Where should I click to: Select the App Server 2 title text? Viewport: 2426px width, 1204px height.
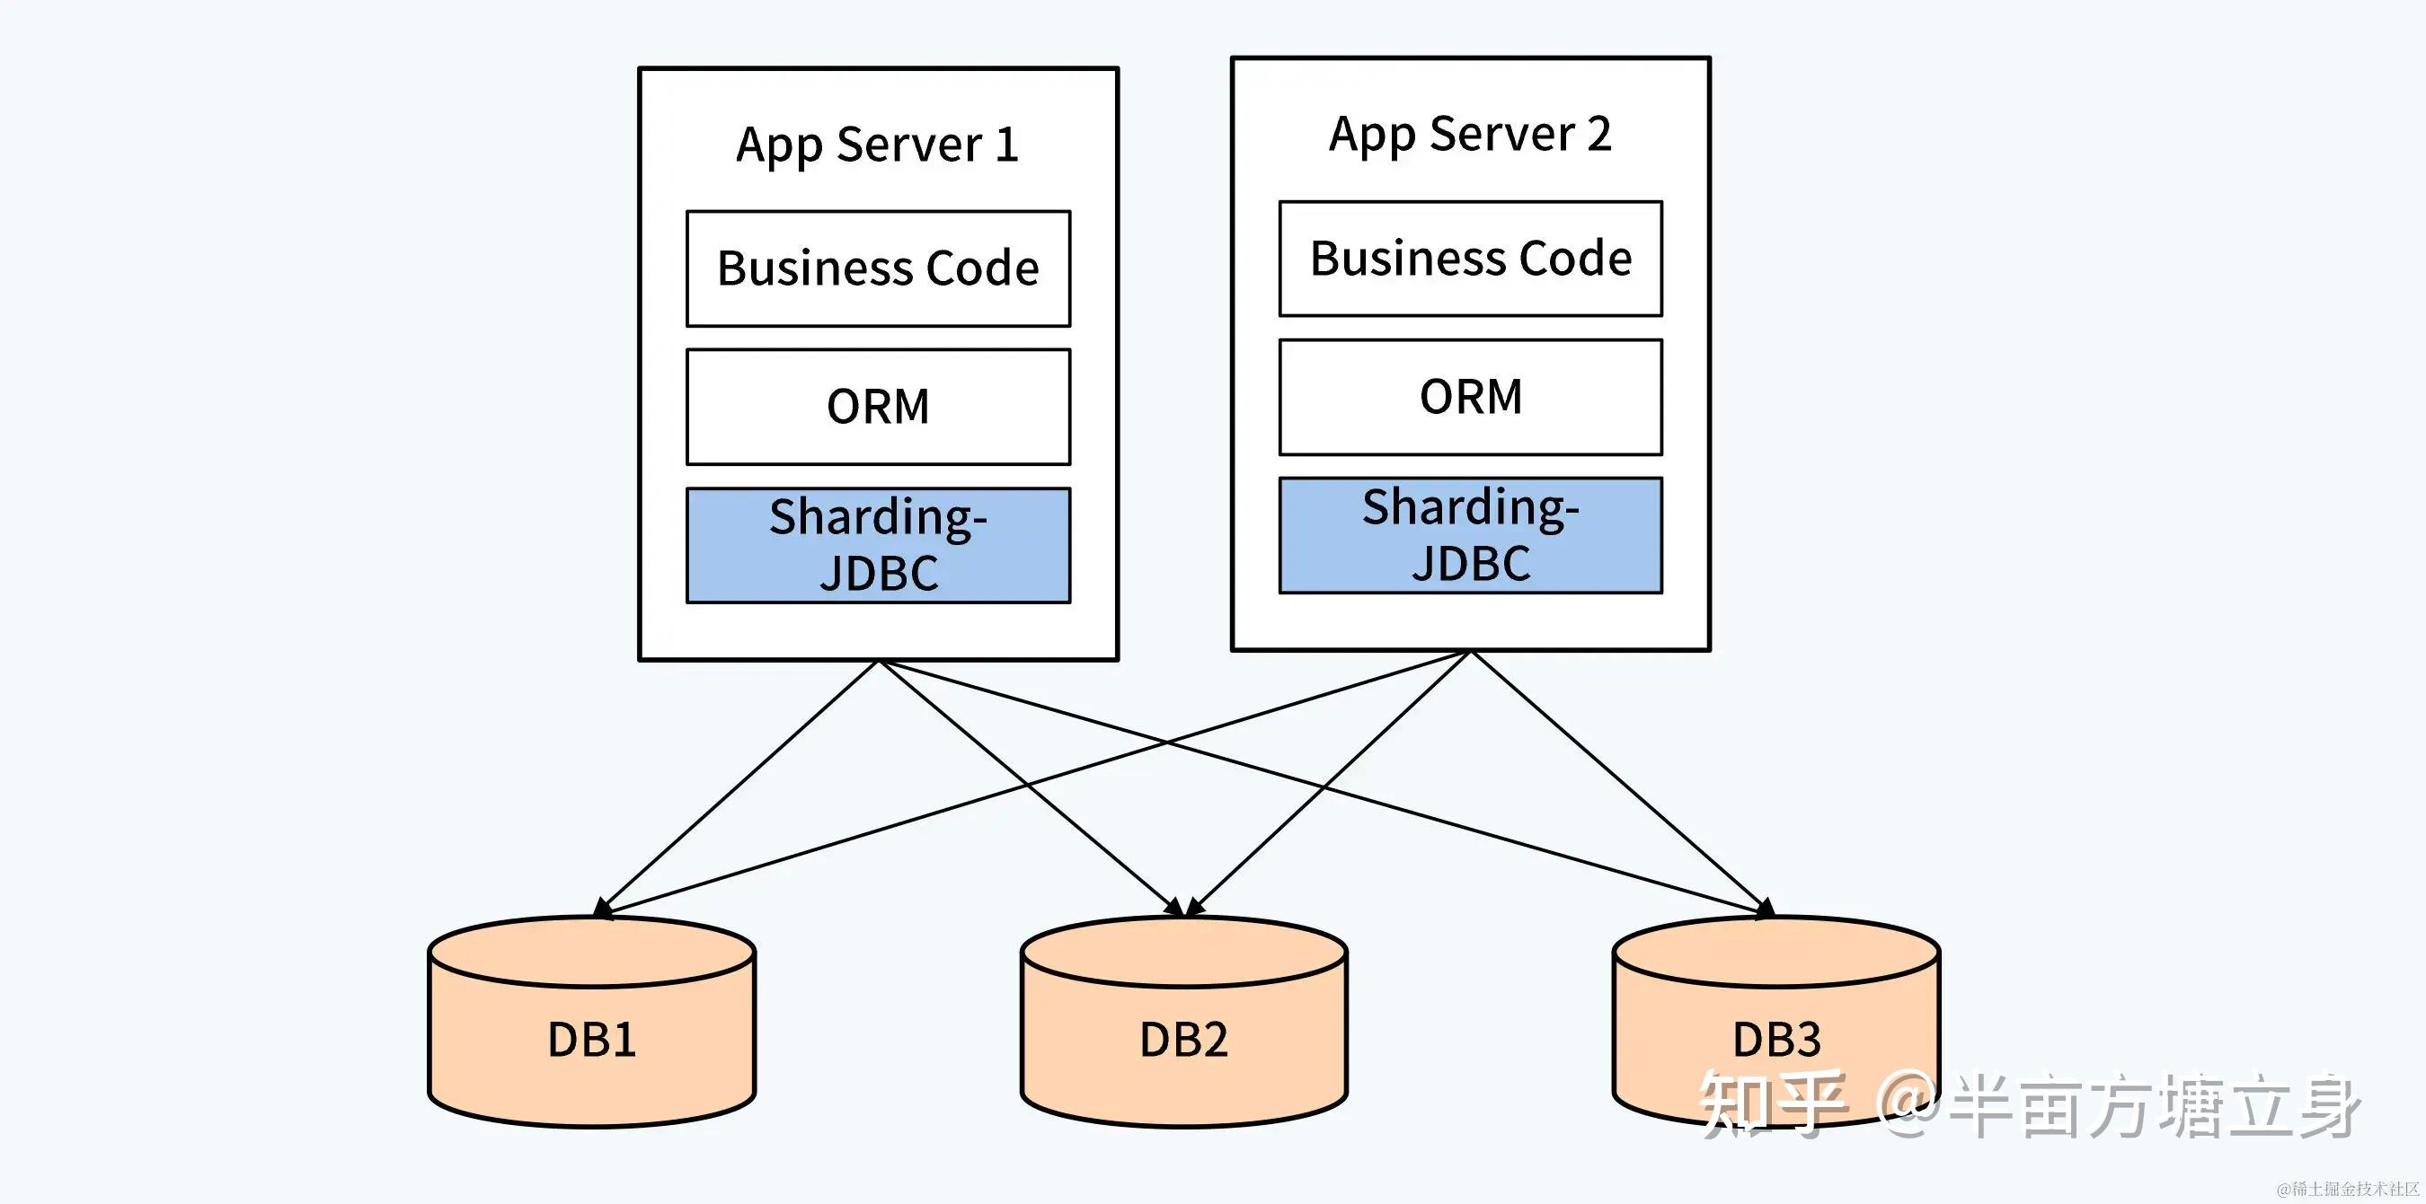point(1470,135)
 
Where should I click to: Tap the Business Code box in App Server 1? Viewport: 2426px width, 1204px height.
point(879,268)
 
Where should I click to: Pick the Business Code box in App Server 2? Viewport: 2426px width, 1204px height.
point(1471,258)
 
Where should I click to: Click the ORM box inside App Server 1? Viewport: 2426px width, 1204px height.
point(879,407)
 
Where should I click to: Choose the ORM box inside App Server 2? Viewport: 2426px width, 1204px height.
point(1471,396)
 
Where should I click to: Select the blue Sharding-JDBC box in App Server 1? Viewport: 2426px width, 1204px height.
point(879,545)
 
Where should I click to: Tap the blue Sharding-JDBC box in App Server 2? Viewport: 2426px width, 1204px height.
point(1471,535)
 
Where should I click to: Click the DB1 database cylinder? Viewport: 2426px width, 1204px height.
point(592,1022)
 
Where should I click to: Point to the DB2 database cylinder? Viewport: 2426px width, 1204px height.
point(1184,1022)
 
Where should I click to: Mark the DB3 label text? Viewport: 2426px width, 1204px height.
point(1776,1041)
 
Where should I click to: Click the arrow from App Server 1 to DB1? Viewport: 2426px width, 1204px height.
point(737,789)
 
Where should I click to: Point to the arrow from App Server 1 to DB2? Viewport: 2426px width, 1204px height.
point(1031,789)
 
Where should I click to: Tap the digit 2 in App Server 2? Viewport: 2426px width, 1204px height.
point(1599,134)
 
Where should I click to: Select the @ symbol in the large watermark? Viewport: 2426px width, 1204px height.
point(1907,1104)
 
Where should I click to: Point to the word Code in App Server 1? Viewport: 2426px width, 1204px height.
point(982,268)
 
